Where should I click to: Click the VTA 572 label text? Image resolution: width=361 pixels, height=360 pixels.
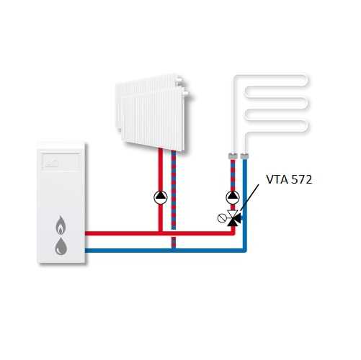289,179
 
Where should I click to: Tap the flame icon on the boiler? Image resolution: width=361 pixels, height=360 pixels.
61,225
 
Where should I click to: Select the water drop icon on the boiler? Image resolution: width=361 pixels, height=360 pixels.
61,246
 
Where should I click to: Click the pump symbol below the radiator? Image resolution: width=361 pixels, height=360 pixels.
161,197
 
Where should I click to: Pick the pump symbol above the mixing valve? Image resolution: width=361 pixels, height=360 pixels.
233,197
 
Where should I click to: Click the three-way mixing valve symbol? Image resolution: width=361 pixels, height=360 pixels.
233,218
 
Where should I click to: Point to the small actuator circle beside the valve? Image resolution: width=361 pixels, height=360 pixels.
220,218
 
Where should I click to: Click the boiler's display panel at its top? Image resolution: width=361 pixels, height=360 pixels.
61,161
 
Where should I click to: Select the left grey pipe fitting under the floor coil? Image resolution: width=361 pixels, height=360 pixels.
232,156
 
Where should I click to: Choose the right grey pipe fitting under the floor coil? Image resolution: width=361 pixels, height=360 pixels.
244,156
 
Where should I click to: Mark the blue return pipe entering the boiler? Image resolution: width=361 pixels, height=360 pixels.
166,251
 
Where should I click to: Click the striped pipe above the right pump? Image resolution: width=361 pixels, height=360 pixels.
233,175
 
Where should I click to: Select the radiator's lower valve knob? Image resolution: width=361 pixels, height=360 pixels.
185,94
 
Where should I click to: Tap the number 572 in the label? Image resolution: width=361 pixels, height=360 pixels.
301,179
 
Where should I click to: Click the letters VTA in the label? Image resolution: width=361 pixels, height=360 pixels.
277,179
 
